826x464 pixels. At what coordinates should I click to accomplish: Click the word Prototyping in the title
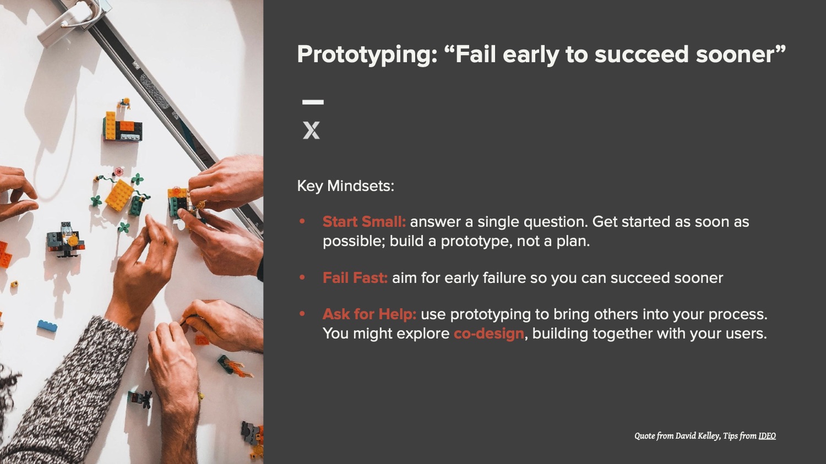[367, 54]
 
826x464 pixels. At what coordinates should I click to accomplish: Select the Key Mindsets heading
[345, 185]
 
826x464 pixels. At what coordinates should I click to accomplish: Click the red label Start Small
[364, 221]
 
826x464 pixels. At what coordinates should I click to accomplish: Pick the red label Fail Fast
[355, 277]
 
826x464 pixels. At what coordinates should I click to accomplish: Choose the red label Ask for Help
[369, 314]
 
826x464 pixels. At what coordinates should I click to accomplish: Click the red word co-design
[488, 334]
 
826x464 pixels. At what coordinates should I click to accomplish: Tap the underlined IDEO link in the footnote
[767, 436]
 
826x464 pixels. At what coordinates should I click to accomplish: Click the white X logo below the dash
[311, 130]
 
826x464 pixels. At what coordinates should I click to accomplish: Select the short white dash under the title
[313, 102]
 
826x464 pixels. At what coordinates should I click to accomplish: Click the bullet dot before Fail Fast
[302, 277]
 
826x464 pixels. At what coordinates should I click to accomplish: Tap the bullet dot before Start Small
[302, 221]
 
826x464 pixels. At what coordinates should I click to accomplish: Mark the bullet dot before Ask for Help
[302, 314]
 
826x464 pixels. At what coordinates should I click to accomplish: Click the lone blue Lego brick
[47, 326]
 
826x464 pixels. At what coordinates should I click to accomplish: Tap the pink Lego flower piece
[119, 171]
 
